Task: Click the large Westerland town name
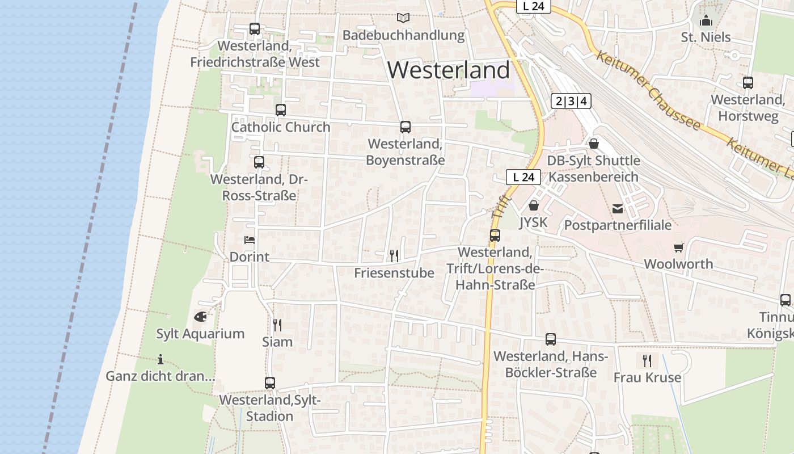pos(449,70)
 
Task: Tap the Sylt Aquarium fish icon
pos(200,317)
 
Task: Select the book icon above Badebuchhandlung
pos(403,18)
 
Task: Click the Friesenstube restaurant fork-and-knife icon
pos(394,255)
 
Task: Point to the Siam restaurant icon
pos(277,325)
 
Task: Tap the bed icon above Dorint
pos(249,240)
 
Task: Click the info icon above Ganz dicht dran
pos(161,359)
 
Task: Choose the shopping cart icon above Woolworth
pos(678,247)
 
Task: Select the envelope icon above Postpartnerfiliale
pos(618,209)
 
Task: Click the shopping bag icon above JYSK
pos(533,205)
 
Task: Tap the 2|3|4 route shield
pos(571,102)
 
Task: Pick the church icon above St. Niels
pos(706,21)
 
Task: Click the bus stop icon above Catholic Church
pos(280,110)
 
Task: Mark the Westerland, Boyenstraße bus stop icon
pos(405,127)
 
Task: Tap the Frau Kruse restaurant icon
pos(647,360)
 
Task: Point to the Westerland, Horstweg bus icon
pos(747,83)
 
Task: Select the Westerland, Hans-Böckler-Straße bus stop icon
pos(550,339)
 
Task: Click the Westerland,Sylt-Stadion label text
pos(270,407)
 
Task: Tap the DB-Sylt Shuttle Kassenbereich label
pos(593,169)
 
